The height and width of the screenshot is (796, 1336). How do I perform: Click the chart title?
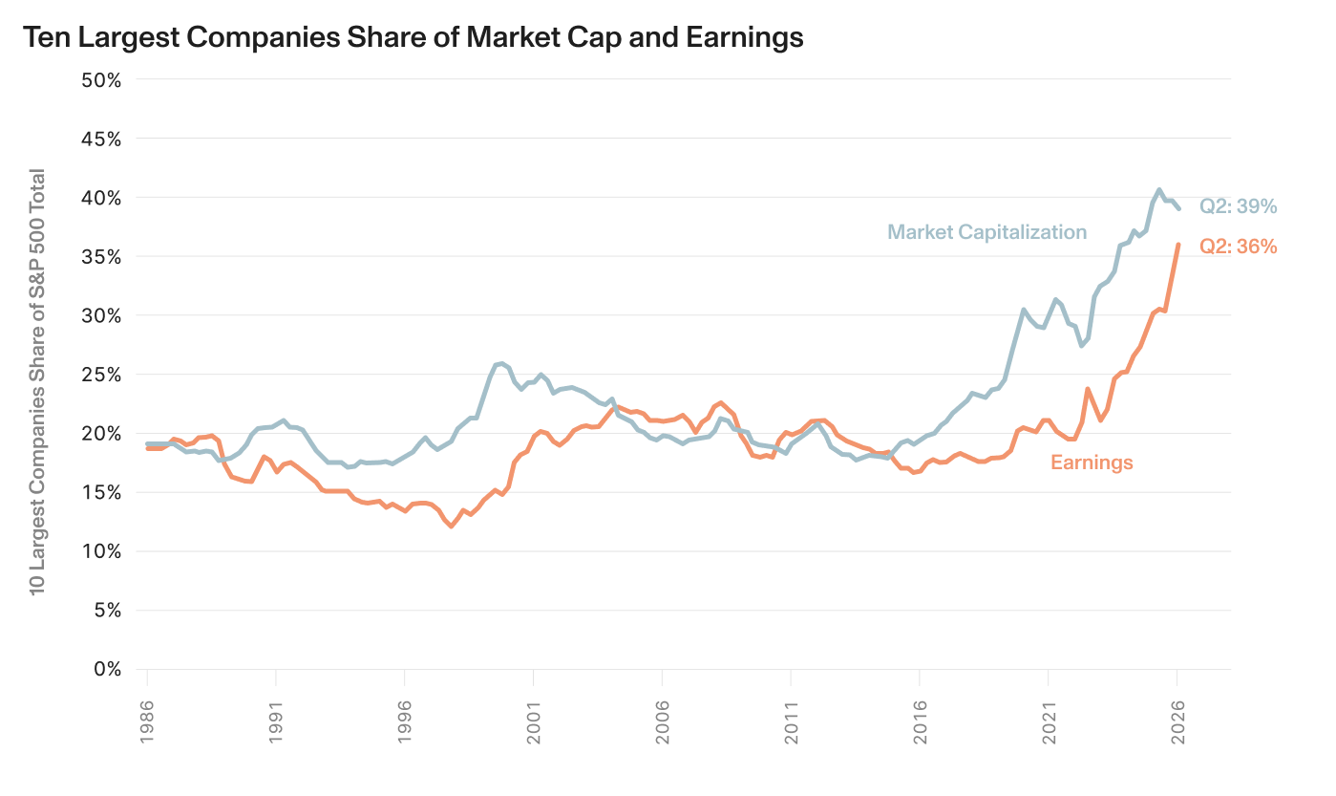pos(414,37)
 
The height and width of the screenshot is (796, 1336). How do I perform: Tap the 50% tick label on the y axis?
pos(101,80)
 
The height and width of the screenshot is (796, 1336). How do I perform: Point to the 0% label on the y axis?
pos(107,669)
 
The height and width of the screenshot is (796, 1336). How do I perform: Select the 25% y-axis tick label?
pos(101,375)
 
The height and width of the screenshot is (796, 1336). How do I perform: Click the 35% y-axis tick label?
pos(101,257)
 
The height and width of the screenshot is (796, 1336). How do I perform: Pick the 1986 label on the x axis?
pos(147,722)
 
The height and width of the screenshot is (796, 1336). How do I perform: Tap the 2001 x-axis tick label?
pos(533,722)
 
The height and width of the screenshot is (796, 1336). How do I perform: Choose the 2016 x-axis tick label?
pos(920,722)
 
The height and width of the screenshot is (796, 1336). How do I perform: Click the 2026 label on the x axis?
pos(1177,722)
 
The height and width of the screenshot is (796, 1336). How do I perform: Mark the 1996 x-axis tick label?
pos(404,722)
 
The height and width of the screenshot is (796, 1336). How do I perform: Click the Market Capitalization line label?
pos(987,232)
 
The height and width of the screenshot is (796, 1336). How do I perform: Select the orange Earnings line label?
pos(1092,463)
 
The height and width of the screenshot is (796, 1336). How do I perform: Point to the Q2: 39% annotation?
pos(1239,206)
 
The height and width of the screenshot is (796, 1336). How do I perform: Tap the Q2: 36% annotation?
pos(1239,247)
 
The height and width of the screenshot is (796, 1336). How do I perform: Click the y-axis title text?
pos(37,382)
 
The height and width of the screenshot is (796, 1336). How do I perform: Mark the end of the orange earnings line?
pos(1177,244)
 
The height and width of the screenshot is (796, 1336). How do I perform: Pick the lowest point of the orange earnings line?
pos(451,527)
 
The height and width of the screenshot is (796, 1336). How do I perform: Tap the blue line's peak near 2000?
pos(501,363)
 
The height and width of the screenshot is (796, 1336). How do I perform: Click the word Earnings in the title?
pos(744,38)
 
